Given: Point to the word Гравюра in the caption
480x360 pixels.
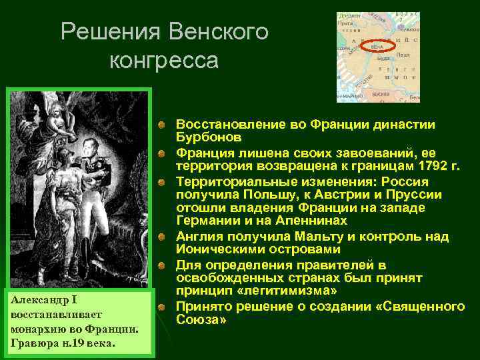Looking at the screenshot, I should [x=33, y=342].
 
